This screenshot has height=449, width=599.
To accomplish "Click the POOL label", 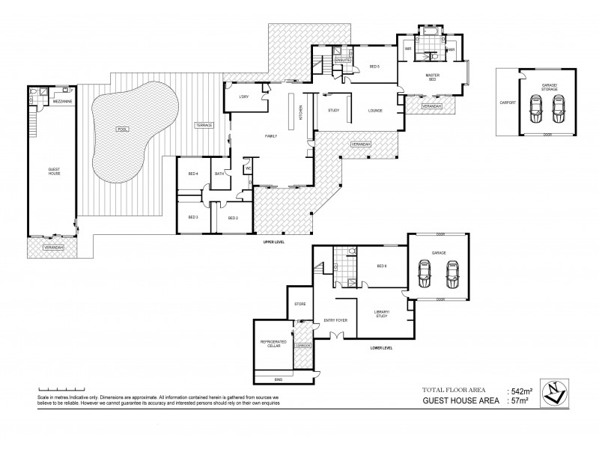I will click(122, 129).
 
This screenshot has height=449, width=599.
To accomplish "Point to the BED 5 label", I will click(374, 67).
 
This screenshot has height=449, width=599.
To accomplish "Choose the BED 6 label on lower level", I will click(382, 266).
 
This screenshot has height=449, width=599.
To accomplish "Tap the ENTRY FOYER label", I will click(333, 321).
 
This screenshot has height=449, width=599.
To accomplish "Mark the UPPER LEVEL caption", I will click(273, 242).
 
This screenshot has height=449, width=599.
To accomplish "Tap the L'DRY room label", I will click(243, 97).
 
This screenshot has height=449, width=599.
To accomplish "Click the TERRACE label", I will click(204, 123).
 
